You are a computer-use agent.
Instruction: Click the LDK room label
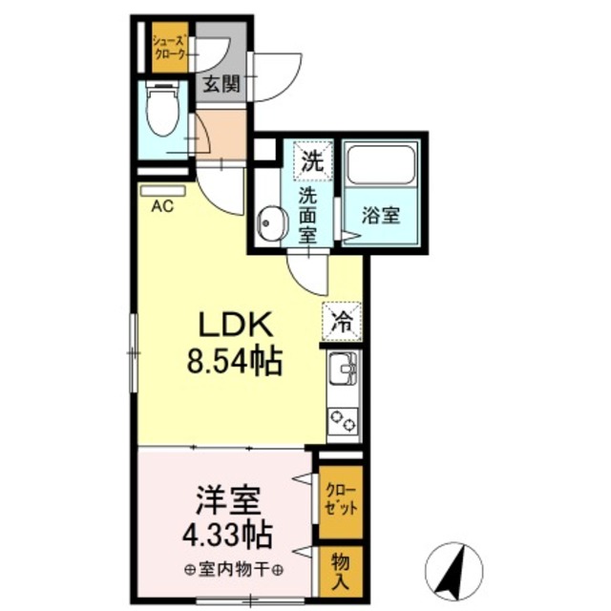(x=236, y=326)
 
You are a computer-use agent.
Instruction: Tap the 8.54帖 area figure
(x=235, y=361)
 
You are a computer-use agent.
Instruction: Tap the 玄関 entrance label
(x=221, y=83)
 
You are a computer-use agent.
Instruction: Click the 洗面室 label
(x=308, y=216)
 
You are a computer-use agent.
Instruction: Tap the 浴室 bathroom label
(x=381, y=216)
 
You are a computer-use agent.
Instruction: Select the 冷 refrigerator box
(x=341, y=321)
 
